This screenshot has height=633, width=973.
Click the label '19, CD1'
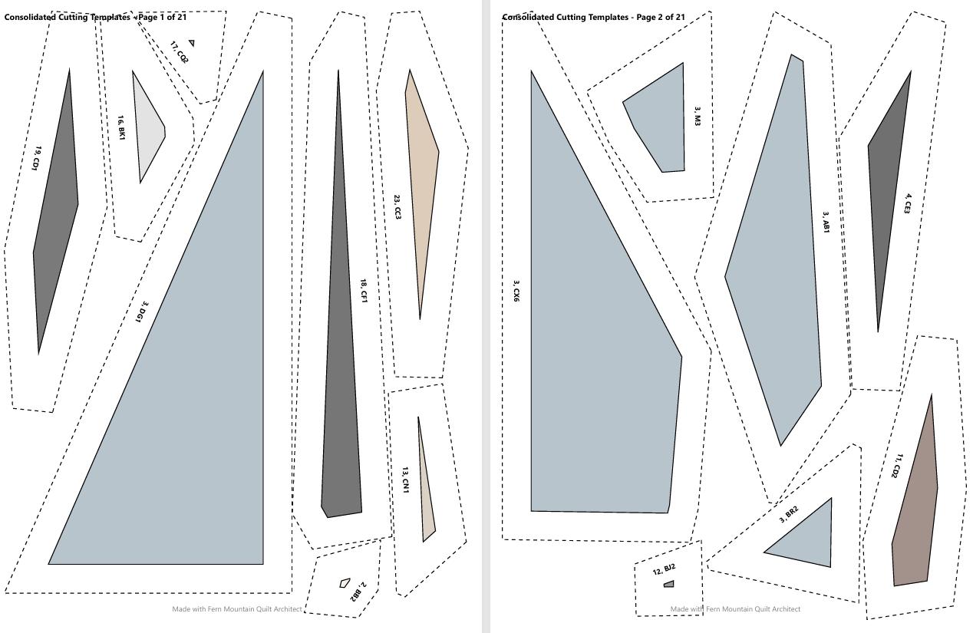38,158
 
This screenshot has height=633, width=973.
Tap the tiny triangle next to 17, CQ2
192,42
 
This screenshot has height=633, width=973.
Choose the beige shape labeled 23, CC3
421,183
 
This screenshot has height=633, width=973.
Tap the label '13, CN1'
405,480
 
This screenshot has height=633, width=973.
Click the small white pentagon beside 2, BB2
345,582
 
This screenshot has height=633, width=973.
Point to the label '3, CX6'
516,291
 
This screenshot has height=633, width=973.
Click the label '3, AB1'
826,223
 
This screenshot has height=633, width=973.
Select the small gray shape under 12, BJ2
669,584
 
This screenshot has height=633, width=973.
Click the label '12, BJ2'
664,569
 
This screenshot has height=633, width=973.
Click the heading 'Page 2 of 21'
660,17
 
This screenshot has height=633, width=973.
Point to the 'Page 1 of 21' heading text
163,17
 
